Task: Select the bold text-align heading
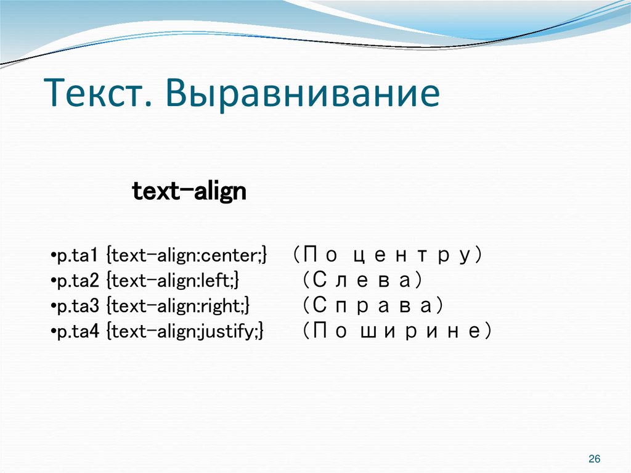point(189,192)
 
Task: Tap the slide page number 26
point(595,459)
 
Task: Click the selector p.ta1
point(78,255)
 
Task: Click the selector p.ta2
point(78,281)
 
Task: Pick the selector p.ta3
point(78,306)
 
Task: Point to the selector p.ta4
point(78,332)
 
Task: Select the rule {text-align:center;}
point(187,255)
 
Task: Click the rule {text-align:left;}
point(173,281)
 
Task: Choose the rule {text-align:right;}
point(178,306)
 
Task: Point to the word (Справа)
point(373,306)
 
